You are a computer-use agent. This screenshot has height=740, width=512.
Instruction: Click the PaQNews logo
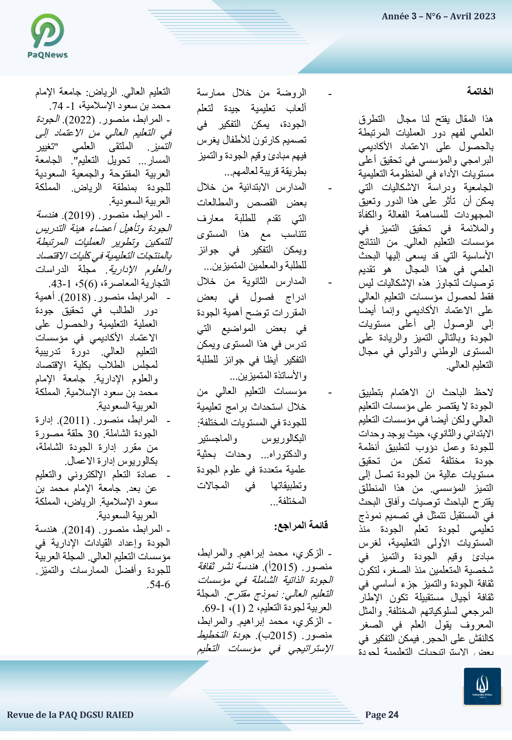(48, 36)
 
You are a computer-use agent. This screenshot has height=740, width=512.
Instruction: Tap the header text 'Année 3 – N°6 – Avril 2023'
(438, 16)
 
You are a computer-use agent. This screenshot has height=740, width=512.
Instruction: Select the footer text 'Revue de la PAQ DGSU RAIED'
(70, 715)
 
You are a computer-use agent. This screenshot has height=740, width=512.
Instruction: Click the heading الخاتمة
(480, 92)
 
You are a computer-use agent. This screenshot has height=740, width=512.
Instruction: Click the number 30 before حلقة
(93, 434)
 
